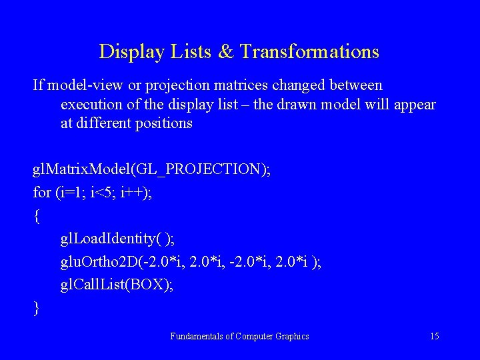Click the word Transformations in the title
click(x=309, y=52)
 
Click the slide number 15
click(x=434, y=337)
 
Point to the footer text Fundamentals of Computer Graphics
click(x=239, y=337)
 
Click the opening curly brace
click(x=36, y=216)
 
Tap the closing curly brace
click(x=36, y=307)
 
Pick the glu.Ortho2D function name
click(x=103, y=262)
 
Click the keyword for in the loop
click(x=41, y=193)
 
